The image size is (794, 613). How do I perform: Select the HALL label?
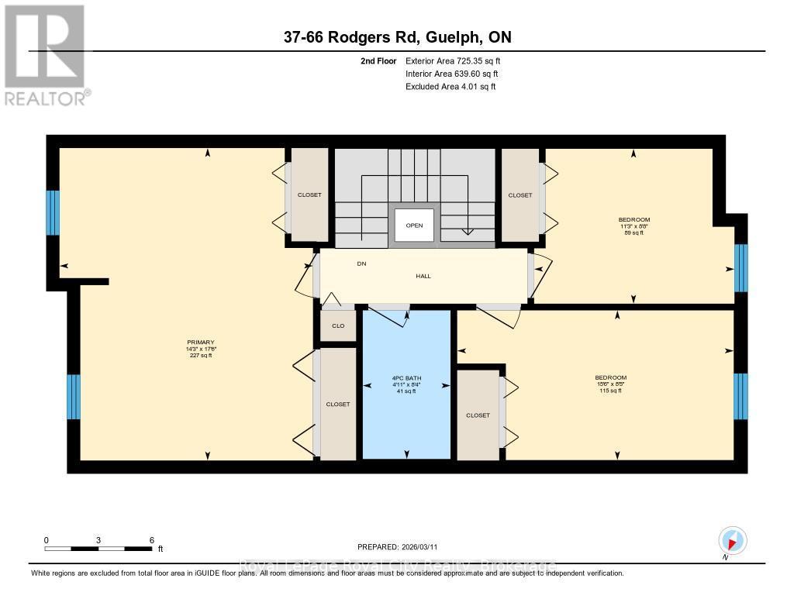(x=423, y=276)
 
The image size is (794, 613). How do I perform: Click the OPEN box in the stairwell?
(x=414, y=226)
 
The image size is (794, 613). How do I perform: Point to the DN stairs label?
(x=361, y=264)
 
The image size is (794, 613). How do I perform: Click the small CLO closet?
(x=338, y=325)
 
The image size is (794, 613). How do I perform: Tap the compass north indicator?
(x=732, y=541)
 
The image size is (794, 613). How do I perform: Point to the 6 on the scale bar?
(x=152, y=540)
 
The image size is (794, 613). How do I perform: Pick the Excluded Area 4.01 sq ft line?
(x=451, y=87)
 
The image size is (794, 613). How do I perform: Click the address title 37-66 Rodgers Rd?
(x=396, y=37)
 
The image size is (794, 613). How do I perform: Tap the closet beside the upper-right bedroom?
(x=520, y=195)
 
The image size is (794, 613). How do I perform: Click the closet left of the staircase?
(x=309, y=195)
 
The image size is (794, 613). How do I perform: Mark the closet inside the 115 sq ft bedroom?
(x=478, y=415)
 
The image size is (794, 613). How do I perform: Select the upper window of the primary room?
(x=53, y=212)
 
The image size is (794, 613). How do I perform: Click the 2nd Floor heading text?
(x=379, y=60)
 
